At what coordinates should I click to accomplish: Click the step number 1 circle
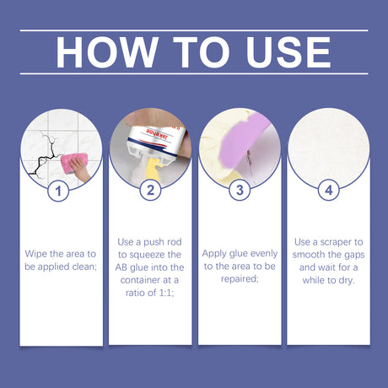[x=58, y=191]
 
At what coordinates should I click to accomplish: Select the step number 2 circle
[x=148, y=191]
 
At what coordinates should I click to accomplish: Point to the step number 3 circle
[x=239, y=191]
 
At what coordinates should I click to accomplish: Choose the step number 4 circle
[x=329, y=191]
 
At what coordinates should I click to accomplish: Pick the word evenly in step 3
[x=262, y=252]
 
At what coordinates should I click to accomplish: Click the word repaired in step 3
[x=239, y=279]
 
